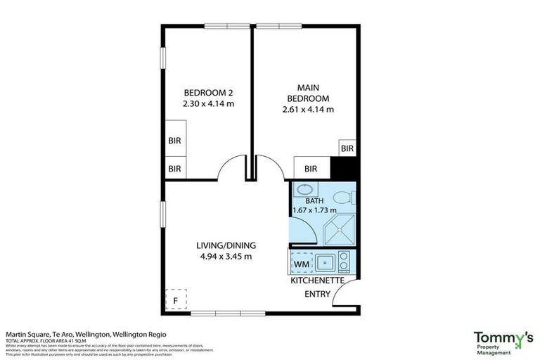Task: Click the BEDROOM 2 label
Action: (208, 93)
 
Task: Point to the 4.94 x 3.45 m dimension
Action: (225, 256)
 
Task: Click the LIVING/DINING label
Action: (225, 245)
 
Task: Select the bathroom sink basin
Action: (304, 190)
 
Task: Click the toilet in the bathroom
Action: (344, 198)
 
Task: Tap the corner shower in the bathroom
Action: (340, 228)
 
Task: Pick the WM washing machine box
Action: (300, 263)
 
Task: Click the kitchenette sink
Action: (324, 263)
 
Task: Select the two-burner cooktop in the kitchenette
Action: (344, 263)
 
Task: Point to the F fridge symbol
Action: (176, 300)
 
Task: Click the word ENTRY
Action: (316, 294)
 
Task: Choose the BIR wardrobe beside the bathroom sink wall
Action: (311, 169)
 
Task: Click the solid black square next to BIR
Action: (344, 169)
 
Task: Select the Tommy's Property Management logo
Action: (502, 342)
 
